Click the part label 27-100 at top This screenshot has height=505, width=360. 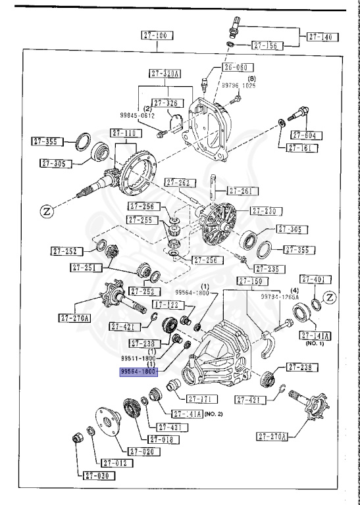click(157, 35)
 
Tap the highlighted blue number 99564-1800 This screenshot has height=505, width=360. click(138, 372)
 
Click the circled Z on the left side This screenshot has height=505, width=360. click(46, 211)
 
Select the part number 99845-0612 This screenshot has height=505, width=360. click(138, 114)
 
